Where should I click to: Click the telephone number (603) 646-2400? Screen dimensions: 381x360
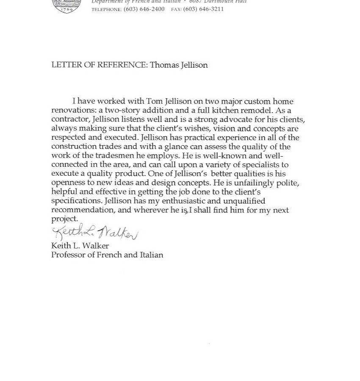(x=144, y=9)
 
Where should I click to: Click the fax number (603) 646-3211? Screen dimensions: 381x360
(x=203, y=9)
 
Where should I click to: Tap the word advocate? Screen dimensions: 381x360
(x=235, y=119)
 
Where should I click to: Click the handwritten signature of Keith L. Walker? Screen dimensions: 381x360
(x=95, y=232)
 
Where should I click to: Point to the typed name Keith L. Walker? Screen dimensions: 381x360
(x=80, y=246)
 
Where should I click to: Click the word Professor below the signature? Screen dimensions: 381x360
(x=69, y=255)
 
